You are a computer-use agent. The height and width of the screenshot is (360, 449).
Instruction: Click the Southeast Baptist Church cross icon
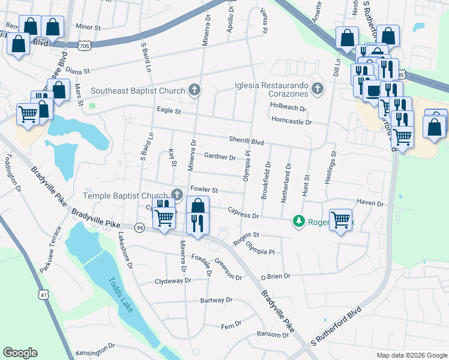[x=194, y=91]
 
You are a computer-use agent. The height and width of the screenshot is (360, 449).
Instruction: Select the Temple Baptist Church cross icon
[x=177, y=194]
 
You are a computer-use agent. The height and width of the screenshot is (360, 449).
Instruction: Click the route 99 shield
[x=140, y=228]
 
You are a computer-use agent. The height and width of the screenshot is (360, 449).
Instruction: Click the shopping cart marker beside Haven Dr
[x=341, y=219]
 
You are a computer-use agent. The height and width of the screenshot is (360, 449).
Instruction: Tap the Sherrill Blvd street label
[x=246, y=141]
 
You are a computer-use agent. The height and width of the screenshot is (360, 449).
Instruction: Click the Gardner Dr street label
[x=220, y=157]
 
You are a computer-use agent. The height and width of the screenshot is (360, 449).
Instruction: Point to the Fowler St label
[x=203, y=190]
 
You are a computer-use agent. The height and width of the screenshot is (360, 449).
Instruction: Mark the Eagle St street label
[x=169, y=110]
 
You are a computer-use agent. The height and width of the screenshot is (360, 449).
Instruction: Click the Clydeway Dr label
[x=172, y=281]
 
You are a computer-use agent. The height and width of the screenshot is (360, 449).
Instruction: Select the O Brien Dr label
[x=275, y=276]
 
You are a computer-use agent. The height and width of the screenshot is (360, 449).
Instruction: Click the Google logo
[x=20, y=353]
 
